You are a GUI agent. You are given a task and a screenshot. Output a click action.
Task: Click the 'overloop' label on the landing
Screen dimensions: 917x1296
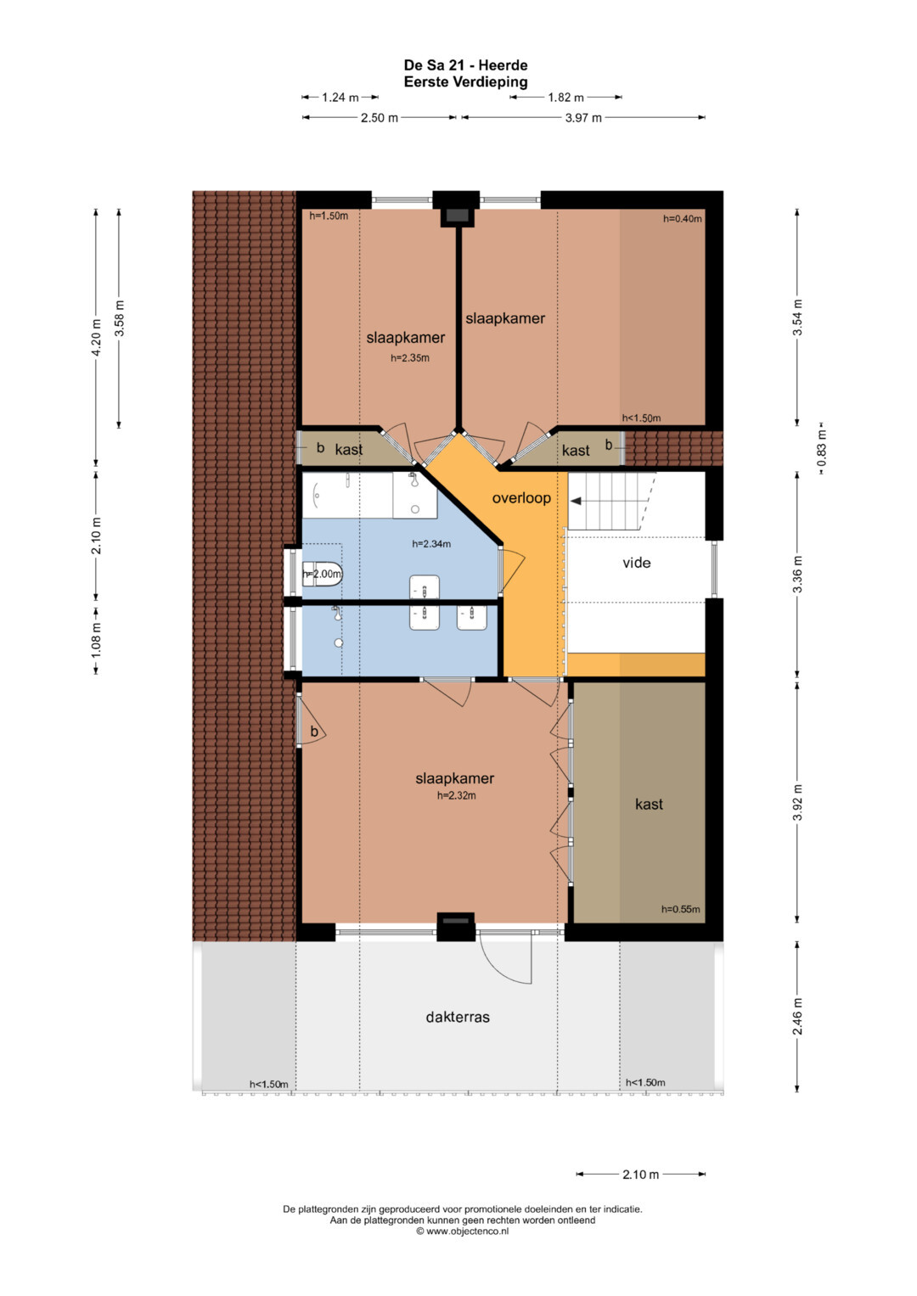(x=521, y=498)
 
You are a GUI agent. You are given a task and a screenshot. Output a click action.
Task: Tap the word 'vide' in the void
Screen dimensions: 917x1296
(x=636, y=563)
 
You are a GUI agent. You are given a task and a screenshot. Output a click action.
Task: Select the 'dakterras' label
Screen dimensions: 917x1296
(x=458, y=1017)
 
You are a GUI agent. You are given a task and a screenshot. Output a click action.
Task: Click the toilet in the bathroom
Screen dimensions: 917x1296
(x=323, y=574)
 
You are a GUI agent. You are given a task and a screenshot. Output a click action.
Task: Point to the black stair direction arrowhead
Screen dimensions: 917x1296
(x=576, y=501)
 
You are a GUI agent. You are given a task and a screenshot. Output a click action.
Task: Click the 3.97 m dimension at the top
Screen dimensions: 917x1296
(x=583, y=118)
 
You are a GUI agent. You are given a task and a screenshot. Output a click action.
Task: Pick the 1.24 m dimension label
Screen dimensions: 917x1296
(x=340, y=98)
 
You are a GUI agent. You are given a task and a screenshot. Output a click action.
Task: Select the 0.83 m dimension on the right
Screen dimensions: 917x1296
(x=821, y=450)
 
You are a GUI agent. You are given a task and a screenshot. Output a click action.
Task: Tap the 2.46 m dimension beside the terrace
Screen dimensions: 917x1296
(x=797, y=1017)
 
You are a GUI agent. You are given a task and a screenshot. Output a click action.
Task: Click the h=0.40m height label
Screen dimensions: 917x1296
(x=682, y=219)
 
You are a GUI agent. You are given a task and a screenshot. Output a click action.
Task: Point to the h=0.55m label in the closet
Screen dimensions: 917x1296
(x=680, y=909)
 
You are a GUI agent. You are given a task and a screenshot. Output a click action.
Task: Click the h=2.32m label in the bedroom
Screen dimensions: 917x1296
(x=456, y=795)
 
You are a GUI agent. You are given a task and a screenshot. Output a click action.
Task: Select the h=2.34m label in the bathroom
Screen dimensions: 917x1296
(x=431, y=544)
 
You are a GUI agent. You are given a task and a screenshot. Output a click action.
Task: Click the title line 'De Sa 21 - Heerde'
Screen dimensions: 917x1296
(x=465, y=65)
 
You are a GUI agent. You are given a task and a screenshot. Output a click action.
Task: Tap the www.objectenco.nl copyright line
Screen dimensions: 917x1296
(x=462, y=1231)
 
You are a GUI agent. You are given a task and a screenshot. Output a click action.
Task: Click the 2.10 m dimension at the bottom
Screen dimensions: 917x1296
(x=640, y=1175)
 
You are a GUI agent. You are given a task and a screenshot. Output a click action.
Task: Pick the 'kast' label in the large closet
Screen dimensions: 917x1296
(x=649, y=805)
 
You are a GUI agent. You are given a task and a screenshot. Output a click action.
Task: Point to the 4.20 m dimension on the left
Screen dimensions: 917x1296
(x=96, y=338)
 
